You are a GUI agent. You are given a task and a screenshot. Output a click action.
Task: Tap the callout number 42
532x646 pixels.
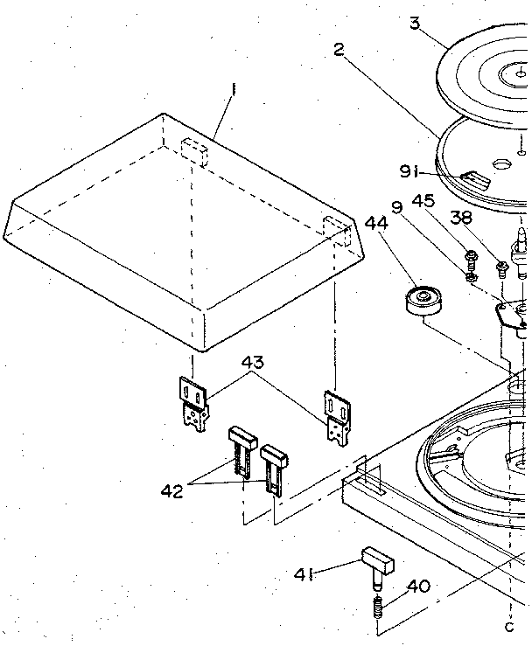(171, 491)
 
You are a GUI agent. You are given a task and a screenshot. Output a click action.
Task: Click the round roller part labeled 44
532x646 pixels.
(423, 302)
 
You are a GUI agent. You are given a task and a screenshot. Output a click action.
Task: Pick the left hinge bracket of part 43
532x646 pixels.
(198, 401)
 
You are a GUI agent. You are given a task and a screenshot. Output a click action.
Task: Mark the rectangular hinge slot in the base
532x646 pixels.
(369, 479)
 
